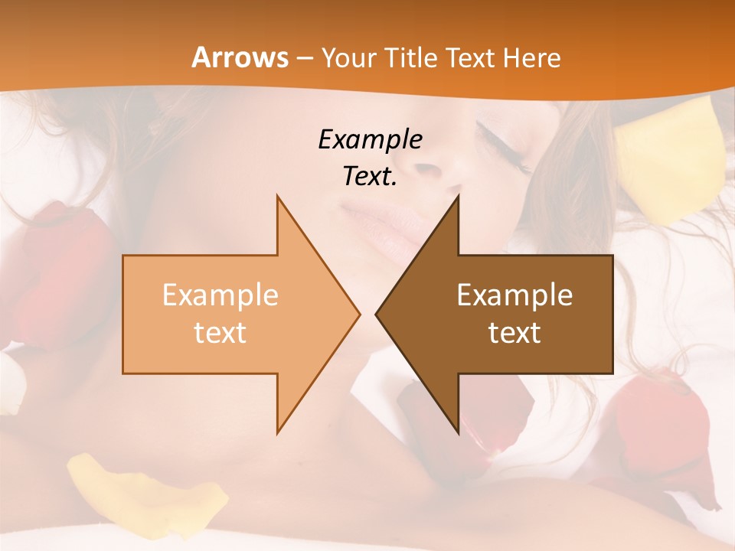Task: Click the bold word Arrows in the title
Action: tap(240, 57)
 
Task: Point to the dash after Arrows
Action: tap(304, 59)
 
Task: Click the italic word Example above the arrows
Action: tap(370, 140)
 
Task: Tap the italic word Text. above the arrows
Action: tap(370, 177)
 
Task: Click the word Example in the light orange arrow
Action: tap(220, 295)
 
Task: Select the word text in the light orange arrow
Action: tap(220, 333)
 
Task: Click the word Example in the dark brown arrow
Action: tap(514, 295)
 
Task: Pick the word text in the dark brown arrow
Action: tap(514, 333)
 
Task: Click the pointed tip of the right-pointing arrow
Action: tap(358, 314)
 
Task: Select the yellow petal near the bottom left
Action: tap(145, 490)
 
